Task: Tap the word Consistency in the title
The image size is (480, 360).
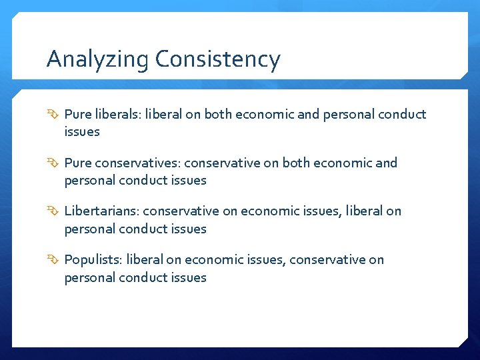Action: click(x=218, y=60)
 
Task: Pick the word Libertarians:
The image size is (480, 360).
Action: click(x=101, y=211)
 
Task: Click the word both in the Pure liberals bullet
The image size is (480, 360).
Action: click(x=217, y=114)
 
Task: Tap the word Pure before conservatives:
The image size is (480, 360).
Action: click(x=77, y=163)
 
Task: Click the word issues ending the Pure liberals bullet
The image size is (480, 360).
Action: click(x=82, y=131)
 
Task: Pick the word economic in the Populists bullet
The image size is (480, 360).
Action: click(x=212, y=260)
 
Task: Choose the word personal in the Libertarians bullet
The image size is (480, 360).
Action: click(x=89, y=229)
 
